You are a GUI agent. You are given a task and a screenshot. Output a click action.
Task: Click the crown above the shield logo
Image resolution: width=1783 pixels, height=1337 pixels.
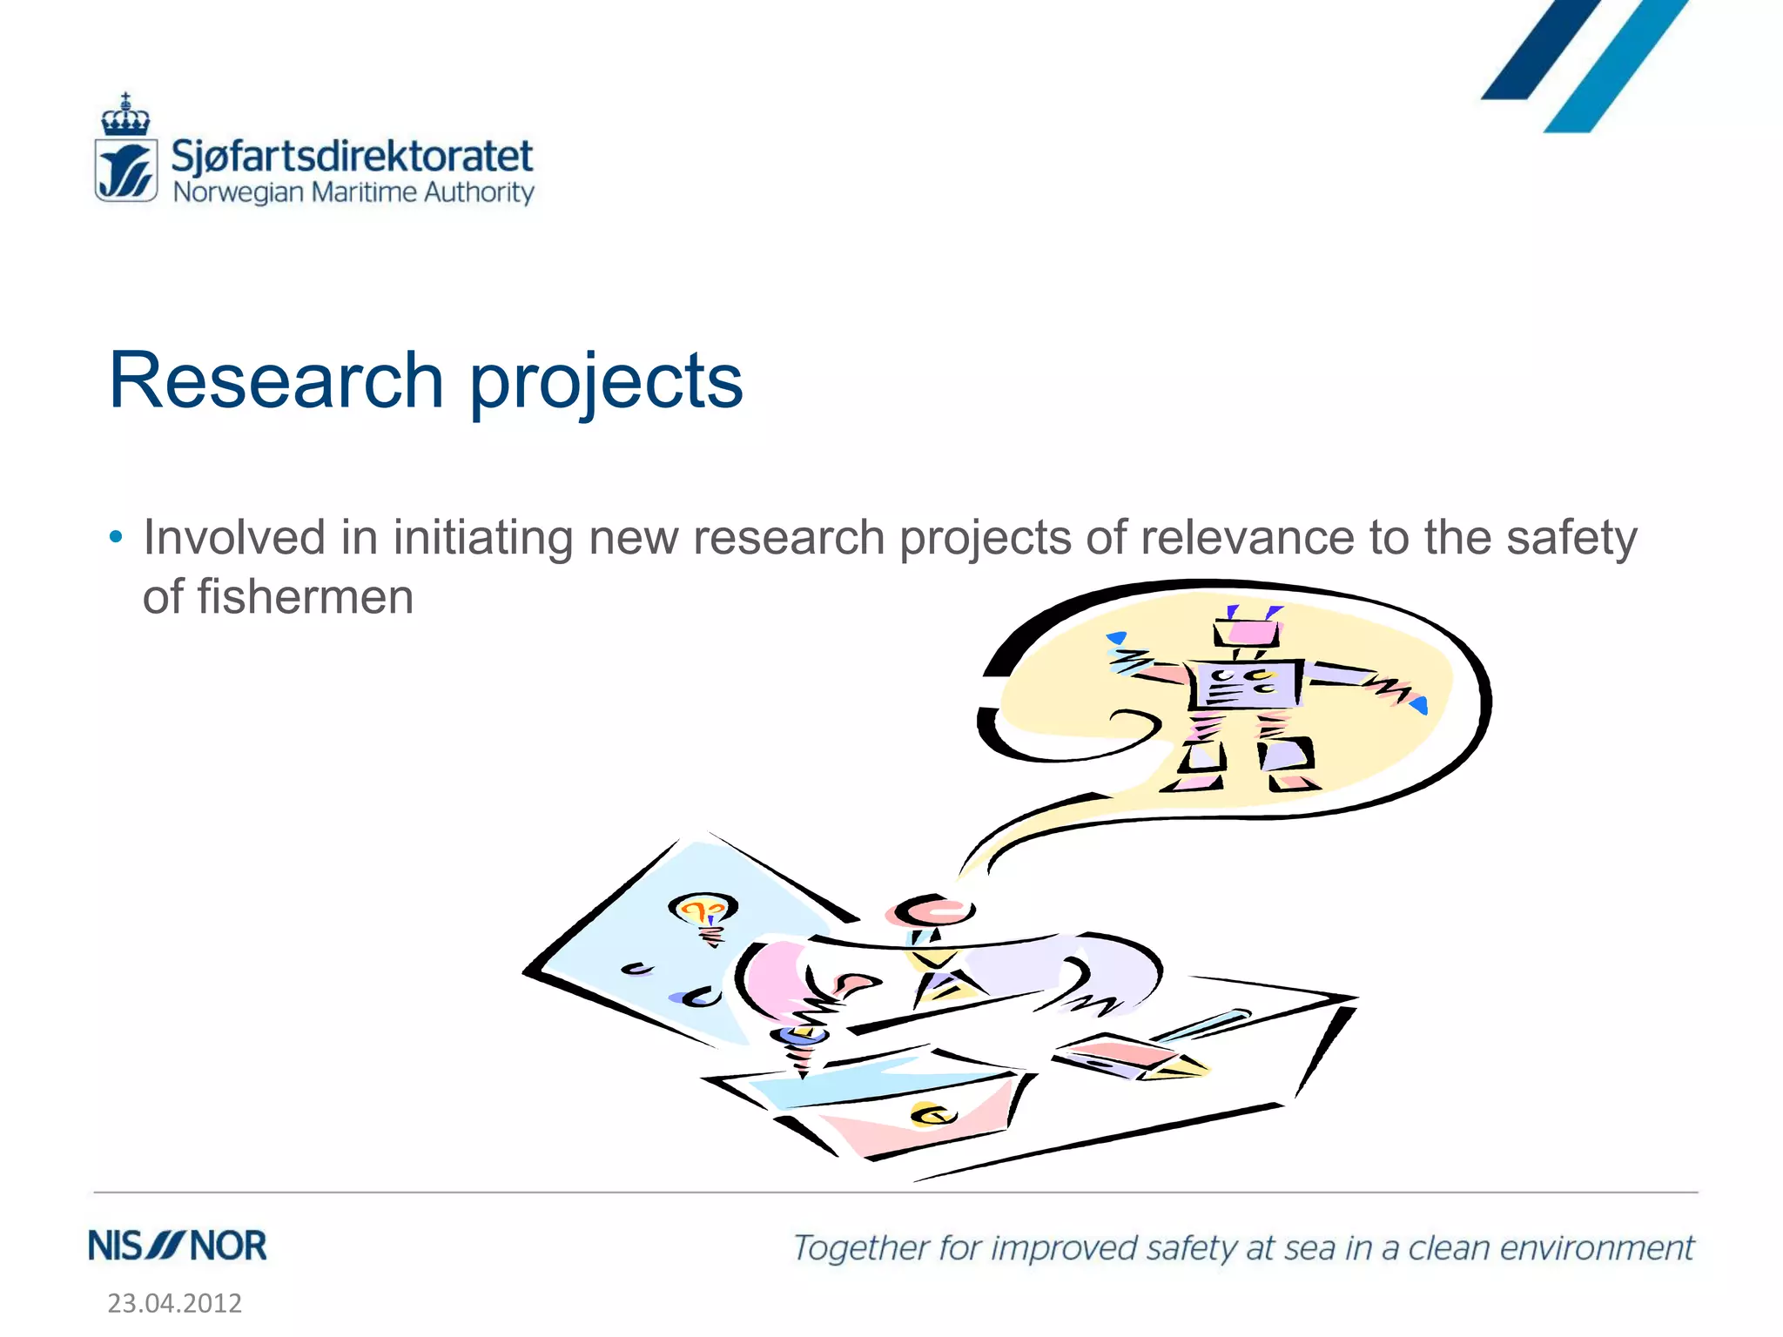pos(125,117)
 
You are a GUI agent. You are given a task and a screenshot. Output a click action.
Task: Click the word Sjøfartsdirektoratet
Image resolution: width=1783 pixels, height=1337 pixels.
pos(352,157)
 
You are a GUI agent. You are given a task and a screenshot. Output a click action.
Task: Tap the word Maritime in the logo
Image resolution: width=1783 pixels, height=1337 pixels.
pos(364,192)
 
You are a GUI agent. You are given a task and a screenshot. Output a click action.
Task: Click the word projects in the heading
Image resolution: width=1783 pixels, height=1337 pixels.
pos(607,383)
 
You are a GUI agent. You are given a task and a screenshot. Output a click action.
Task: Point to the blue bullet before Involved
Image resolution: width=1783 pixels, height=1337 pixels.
pos(116,537)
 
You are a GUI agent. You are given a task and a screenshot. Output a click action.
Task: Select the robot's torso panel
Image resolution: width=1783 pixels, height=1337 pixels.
pos(1245,684)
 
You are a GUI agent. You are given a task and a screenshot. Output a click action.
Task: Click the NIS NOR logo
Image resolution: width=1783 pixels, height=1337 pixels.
pos(178,1246)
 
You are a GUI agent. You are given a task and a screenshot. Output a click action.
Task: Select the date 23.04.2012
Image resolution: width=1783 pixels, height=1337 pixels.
pos(174,1303)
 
